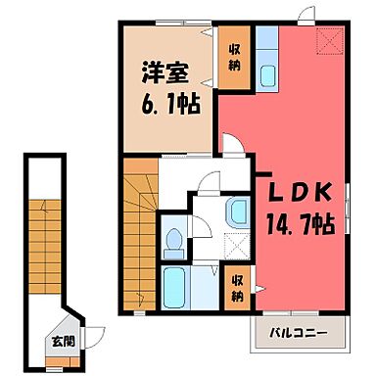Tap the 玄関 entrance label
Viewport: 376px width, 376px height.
pyautogui.click(x=62, y=343)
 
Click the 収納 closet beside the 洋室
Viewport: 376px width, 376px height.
pyautogui.click(x=236, y=56)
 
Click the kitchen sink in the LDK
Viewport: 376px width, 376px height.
pyautogui.click(x=267, y=76)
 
